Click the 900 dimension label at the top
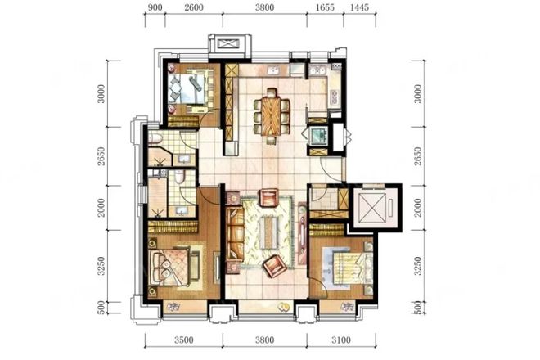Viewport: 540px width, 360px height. click(x=155, y=7)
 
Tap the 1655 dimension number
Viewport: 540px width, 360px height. click(x=325, y=7)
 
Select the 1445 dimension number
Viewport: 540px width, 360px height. click(x=359, y=7)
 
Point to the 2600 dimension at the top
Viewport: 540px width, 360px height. click(x=194, y=7)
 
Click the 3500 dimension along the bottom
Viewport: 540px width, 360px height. click(x=183, y=340)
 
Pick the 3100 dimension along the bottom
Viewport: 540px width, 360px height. click(x=341, y=340)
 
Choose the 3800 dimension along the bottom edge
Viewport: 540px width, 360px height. click(x=265, y=340)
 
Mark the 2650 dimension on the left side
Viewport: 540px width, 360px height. click(x=101, y=156)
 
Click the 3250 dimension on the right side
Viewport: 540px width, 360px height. click(x=418, y=266)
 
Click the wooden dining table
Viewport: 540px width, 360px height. click(x=272, y=116)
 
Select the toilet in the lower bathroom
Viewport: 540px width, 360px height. click(x=179, y=177)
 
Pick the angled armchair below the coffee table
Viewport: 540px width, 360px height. click(x=274, y=266)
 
